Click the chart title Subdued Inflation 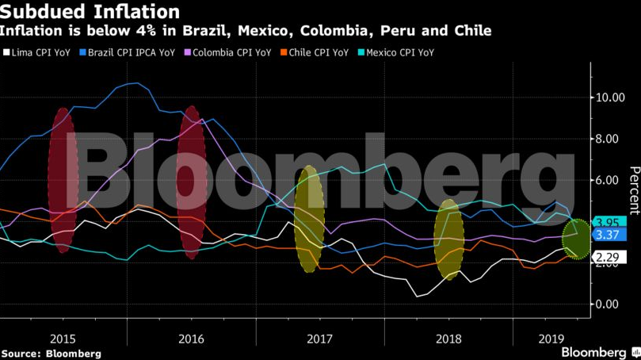(90, 12)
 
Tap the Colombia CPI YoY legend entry (229, 52)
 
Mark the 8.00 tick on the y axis (612, 139)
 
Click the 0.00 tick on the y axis (612, 304)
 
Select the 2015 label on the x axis (62, 339)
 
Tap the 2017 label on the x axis (319, 339)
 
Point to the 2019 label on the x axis (550, 339)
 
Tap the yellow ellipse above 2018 (448, 234)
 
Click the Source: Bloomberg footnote (51, 353)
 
